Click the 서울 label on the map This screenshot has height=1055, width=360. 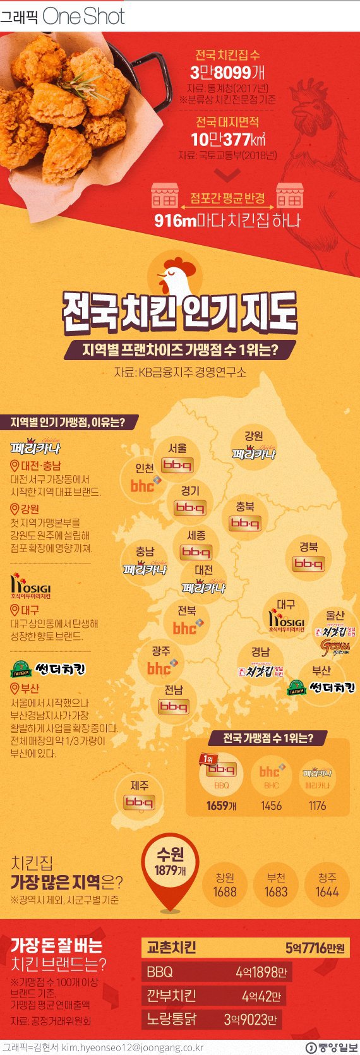coord(177,448)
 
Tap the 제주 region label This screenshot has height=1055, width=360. coord(140,786)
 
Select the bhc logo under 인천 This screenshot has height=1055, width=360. coord(143,485)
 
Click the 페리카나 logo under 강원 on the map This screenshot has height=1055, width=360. coord(253,454)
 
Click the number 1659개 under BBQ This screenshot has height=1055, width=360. coord(221,805)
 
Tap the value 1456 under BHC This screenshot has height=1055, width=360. coord(271,805)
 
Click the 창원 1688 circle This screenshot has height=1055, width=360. coord(225,885)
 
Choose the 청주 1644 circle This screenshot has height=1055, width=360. coord(327,885)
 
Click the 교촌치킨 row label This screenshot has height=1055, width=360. coord(172,947)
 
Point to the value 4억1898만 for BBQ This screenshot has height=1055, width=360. coord(261,972)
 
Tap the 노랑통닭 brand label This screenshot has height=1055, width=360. coord(171,1019)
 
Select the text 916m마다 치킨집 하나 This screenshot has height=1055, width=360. coord(227,220)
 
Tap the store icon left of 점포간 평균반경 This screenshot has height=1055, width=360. coord(165,196)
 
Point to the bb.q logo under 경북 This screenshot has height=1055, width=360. coord(308,563)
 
